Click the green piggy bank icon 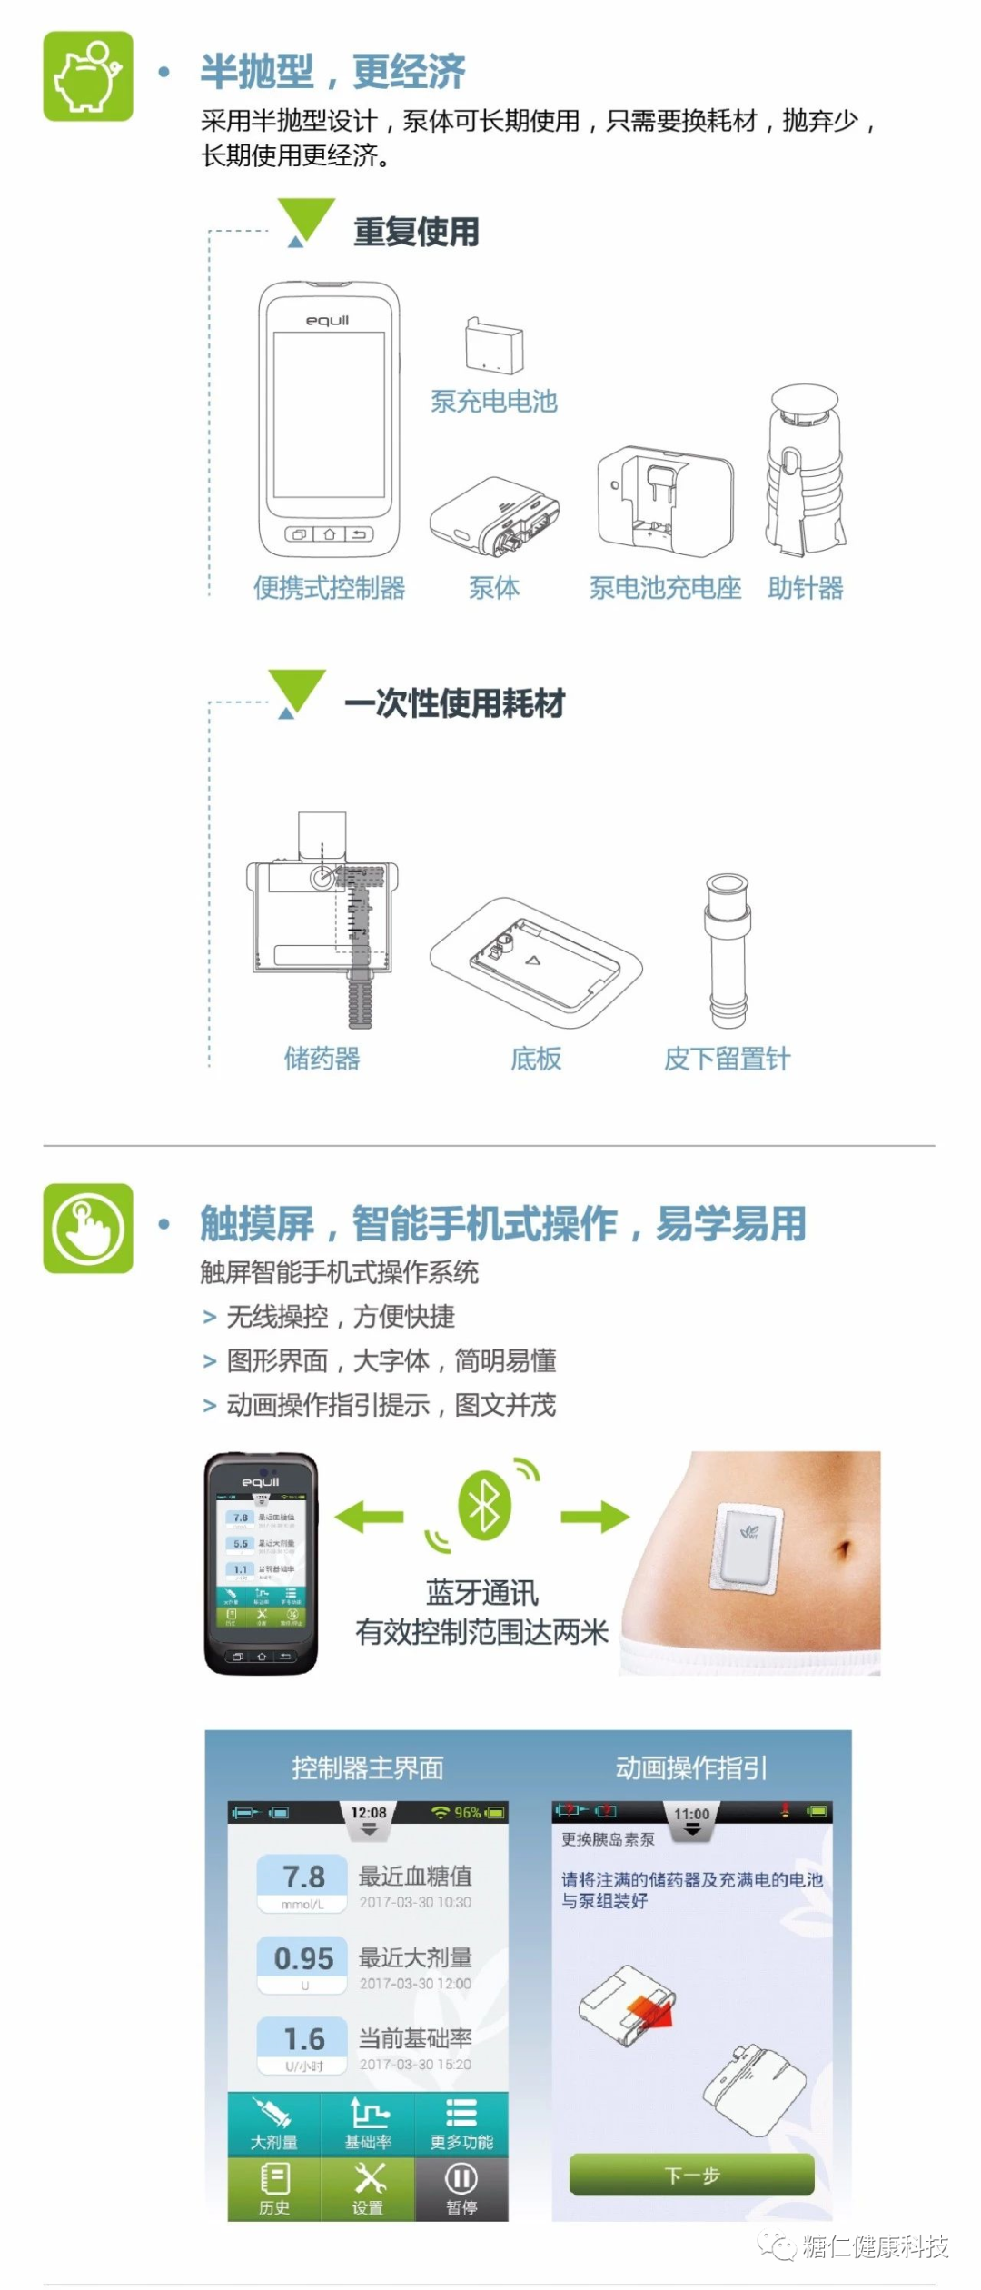click(x=88, y=76)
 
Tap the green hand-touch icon click(x=88, y=1229)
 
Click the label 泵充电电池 click(x=493, y=401)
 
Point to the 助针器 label click(x=805, y=588)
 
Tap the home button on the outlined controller click(x=329, y=534)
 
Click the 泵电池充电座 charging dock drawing click(x=664, y=500)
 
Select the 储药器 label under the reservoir click(x=322, y=1059)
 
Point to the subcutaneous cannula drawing click(x=728, y=950)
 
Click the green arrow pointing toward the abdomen click(x=595, y=1516)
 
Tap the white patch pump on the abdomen click(x=748, y=1548)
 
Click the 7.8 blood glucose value click(x=302, y=1877)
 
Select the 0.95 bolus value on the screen click(x=302, y=1958)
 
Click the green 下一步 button click(x=691, y=2175)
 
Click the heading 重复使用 click(x=416, y=232)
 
